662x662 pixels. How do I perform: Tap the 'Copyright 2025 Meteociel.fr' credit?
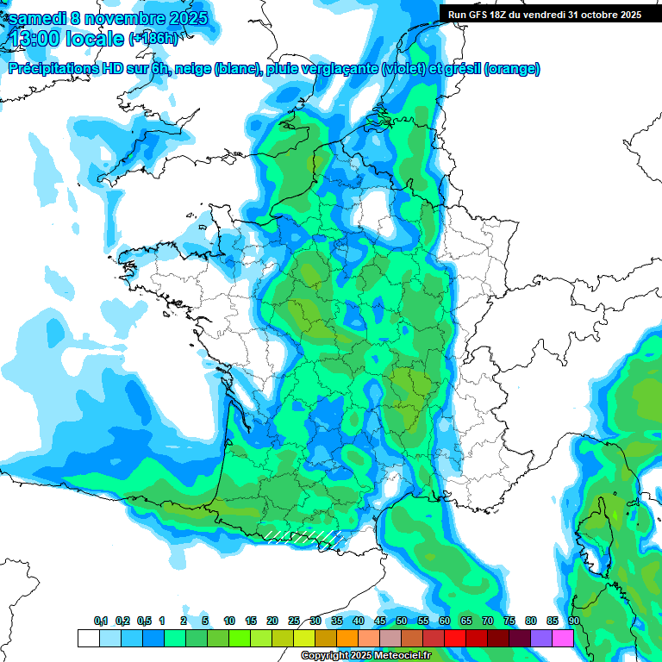[x=365, y=656]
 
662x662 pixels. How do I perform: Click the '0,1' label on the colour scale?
[x=100, y=621]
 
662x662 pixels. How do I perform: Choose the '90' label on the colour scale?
[x=574, y=621]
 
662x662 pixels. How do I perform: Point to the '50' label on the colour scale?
[x=402, y=621]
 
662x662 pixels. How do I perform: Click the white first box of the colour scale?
[x=88, y=638]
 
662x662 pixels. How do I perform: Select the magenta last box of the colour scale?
[x=563, y=638]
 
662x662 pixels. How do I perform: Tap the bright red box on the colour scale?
[x=455, y=638]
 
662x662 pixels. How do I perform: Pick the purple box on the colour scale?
[x=541, y=638]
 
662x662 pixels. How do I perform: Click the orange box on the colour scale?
[x=347, y=638]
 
